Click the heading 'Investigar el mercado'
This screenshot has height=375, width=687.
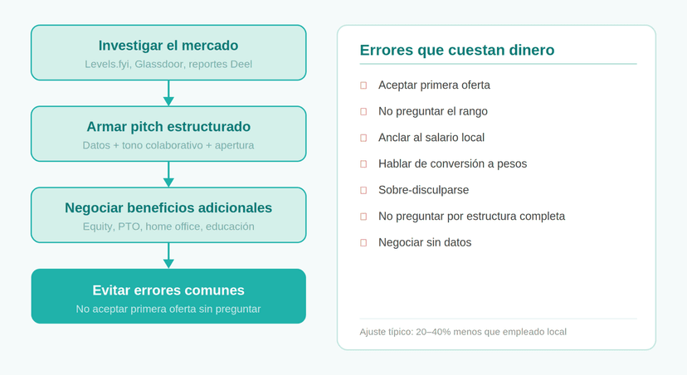[168, 46]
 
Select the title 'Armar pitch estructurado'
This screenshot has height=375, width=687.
[168, 127]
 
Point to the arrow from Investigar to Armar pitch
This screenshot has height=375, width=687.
[168, 93]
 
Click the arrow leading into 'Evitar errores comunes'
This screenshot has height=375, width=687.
[168, 256]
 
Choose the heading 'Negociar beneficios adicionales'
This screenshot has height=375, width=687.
[168, 207]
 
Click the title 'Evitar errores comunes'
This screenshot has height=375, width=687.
[168, 290]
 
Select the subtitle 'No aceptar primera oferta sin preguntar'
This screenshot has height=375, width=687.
[168, 309]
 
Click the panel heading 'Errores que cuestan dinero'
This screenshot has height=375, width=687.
[457, 50]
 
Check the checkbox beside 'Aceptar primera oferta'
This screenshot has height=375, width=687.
[363, 85]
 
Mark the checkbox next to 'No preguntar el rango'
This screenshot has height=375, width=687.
[363, 112]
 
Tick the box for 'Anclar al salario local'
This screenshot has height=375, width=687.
[363, 138]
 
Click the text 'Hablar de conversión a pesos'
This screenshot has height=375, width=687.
[452, 163]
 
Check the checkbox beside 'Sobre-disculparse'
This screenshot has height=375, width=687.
[363, 191]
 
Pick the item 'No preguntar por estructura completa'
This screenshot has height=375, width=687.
[471, 217]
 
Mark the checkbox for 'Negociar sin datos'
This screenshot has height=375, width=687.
[363, 243]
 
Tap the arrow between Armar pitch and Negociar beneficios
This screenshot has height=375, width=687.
[168, 174]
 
